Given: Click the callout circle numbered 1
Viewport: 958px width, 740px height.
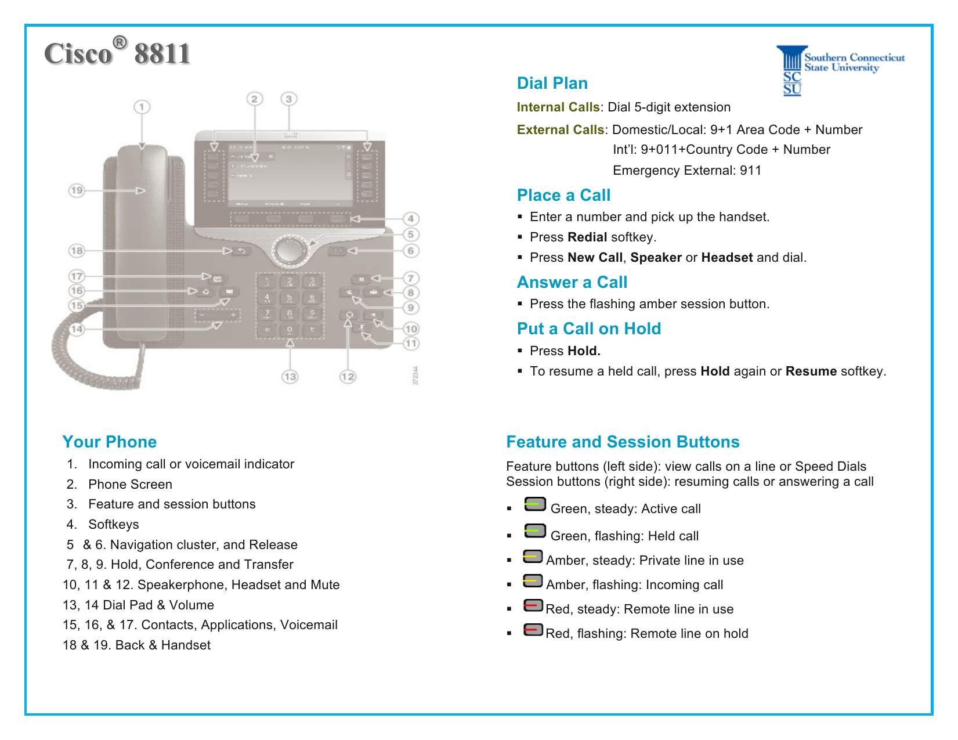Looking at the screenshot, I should pyautogui.click(x=142, y=107).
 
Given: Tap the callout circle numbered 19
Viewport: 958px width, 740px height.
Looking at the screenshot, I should pyautogui.click(x=77, y=190).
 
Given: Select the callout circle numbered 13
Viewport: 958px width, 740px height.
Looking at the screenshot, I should pyautogui.click(x=290, y=377).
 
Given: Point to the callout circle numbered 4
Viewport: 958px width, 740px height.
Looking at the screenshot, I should pyautogui.click(x=411, y=219).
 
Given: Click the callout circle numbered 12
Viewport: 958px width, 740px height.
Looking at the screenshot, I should pyautogui.click(x=348, y=377).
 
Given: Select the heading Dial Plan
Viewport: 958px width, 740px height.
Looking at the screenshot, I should pyautogui.click(x=552, y=84).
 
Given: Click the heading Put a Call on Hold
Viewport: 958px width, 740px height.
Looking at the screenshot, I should pyautogui.click(x=588, y=329).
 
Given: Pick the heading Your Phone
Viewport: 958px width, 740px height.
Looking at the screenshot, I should pyautogui.click(x=109, y=442).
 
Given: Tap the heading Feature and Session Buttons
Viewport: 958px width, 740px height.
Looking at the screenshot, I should pyautogui.click(x=623, y=442).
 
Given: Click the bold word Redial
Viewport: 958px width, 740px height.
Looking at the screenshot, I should pyautogui.click(x=587, y=237).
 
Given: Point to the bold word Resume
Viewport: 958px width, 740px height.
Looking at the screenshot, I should pyautogui.click(x=811, y=371).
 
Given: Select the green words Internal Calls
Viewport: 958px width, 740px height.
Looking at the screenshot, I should pyautogui.click(x=558, y=107).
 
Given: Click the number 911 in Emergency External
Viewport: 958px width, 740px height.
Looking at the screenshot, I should pyautogui.click(x=750, y=171).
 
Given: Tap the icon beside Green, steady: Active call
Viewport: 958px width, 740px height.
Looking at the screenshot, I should pyautogui.click(x=535, y=504).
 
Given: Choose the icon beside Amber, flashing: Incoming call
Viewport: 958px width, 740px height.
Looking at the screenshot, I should pyautogui.click(x=533, y=581).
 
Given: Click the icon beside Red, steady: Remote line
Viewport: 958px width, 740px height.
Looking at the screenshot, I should pyautogui.click(x=533, y=606).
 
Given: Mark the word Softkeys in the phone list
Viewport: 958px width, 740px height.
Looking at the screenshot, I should pyautogui.click(x=114, y=525).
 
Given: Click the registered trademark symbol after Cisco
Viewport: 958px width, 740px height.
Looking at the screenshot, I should pyautogui.click(x=120, y=43).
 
